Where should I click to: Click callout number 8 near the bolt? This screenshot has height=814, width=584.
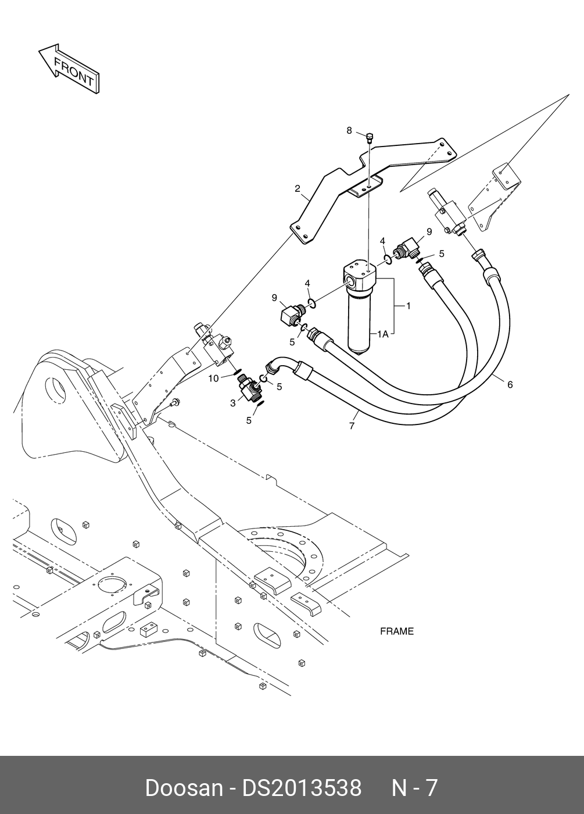(349, 130)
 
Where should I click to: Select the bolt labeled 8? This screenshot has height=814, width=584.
(369, 138)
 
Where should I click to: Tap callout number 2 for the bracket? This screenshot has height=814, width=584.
(297, 188)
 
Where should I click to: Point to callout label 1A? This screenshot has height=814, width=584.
(382, 334)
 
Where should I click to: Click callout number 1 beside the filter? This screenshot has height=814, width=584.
(408, 305)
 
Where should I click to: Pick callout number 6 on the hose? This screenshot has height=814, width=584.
(510, 384)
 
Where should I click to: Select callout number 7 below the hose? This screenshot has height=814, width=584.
(352, 426)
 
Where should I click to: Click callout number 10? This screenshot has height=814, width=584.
(213, 379)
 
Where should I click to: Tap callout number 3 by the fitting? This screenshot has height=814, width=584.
(232, 402)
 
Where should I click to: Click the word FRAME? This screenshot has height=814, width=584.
(397, 631)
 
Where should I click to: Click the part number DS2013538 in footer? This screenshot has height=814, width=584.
(302, 788)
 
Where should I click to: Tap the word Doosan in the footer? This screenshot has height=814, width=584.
(183, 788)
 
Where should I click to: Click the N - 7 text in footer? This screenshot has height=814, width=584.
(414, 788)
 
